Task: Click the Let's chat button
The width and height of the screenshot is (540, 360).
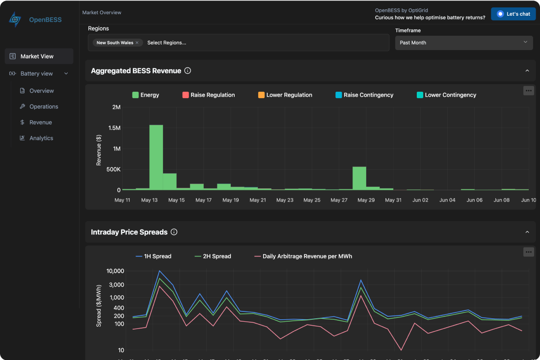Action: pos(513,14)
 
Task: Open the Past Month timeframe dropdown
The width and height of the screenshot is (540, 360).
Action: pos(464,43)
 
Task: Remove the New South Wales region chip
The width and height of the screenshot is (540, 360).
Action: pos(137,43)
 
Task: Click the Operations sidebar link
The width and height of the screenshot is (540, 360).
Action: pos(43,106)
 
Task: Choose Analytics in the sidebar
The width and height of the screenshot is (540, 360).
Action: pos(41,138)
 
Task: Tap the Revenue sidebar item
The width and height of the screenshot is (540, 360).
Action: pos(40,122)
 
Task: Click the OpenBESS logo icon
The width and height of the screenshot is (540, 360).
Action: pos(15,20)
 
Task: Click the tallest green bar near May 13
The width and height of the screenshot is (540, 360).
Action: pos(156,157)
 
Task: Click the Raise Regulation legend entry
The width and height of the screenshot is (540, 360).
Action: pos(208,95)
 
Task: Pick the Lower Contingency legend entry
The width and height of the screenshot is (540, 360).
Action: pos(446,95)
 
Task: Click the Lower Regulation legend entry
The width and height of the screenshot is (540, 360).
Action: pos(285,95)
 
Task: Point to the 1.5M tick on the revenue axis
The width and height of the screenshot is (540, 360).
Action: pos(114,128)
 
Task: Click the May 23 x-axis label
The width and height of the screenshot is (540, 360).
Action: pos(285,200)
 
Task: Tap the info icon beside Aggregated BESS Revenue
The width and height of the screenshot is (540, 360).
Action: pos(188,71)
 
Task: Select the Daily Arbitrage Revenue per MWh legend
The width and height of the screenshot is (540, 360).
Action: pos(303,256)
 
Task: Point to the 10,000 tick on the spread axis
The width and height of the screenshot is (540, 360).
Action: pos(115,271)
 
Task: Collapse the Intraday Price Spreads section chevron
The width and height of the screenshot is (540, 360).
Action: pos(527,232)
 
